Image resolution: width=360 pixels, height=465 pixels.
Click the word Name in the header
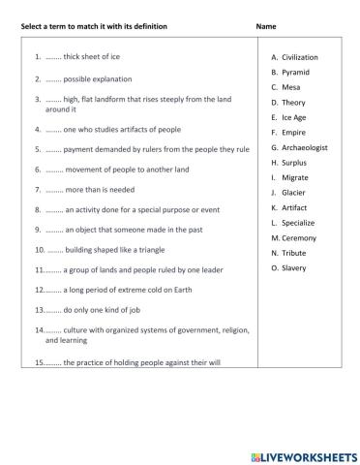point(267,25)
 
